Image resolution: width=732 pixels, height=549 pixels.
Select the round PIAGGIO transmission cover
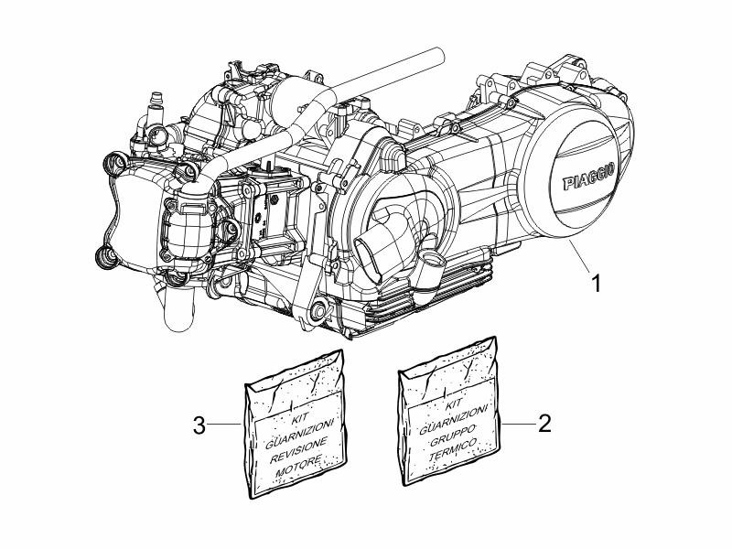click(x=571, y=169)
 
